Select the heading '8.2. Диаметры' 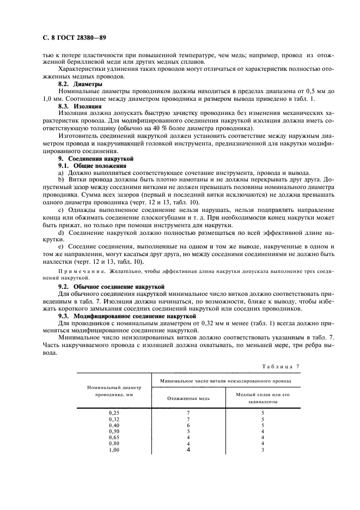(x=80, y=84)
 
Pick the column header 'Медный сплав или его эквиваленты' (x=263, y=398)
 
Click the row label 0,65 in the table (x=114, y=437)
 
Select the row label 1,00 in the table (x=114, y=450)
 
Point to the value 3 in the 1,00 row (x=263, y=450)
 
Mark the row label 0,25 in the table (x=114, y=412)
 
